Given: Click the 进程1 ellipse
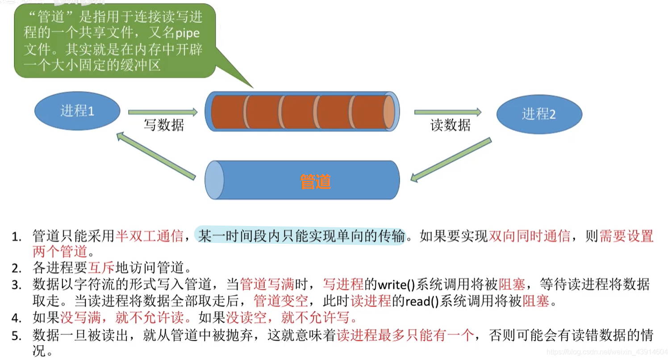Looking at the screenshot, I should [x=78, y=110].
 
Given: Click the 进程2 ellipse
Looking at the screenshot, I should [x=539, y=114].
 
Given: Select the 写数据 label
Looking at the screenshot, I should [x=163, y=125].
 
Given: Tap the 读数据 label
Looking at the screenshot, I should [x=450, y=126].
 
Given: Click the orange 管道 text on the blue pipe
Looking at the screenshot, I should [x=316, y=181].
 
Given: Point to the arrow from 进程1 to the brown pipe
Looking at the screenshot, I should [x=163, y=112].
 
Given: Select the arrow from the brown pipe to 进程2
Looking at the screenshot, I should [x=448, y=112].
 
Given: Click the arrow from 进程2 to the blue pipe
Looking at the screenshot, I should [x=451, y=160].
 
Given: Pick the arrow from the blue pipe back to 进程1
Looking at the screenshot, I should [x=156, y=156].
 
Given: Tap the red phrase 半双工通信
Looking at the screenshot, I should [x=149, y=235].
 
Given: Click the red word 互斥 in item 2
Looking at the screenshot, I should [x=102, y=268].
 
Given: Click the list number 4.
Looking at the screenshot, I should [x=17, y=318].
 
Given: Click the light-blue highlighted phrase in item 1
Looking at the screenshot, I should [x=301, y=235].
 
